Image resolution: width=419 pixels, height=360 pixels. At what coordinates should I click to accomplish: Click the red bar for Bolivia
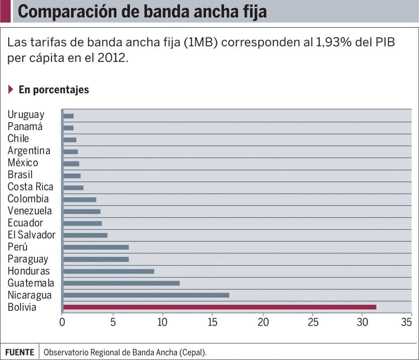(x=220, y=307)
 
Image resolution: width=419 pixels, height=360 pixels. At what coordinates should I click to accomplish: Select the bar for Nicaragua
(x=146, y=295)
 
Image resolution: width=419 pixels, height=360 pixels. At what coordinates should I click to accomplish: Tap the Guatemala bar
(x=122, y=283)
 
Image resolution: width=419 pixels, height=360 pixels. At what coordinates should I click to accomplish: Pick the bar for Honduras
(x=109, y=271)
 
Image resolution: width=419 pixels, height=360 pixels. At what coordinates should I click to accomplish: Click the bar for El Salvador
(x=86, y=235)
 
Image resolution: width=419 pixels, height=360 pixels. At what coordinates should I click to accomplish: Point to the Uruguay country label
(x=26, y=115)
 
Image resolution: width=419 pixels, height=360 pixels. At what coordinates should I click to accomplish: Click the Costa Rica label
(x=30, y=187)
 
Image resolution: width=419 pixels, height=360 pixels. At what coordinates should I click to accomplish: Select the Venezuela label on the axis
(x=29, y=211)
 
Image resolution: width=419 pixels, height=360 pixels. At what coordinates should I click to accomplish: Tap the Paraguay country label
(x=27, y=259)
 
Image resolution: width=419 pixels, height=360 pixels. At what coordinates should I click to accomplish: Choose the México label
(x=23, y=163)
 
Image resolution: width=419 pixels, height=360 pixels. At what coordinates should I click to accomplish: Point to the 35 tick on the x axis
(x=406, y=322)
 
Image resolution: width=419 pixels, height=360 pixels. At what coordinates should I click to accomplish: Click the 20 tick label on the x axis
(x=263, y=322)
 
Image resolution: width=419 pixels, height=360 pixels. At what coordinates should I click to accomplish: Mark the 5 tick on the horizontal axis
(x=113, y=322)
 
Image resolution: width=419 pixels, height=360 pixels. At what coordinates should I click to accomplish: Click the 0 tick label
(x=62, y=322)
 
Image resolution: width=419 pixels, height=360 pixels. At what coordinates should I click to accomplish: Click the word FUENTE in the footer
(x=20, y=352)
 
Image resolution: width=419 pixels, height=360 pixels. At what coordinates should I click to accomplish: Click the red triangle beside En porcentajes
(x=11, y=90)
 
